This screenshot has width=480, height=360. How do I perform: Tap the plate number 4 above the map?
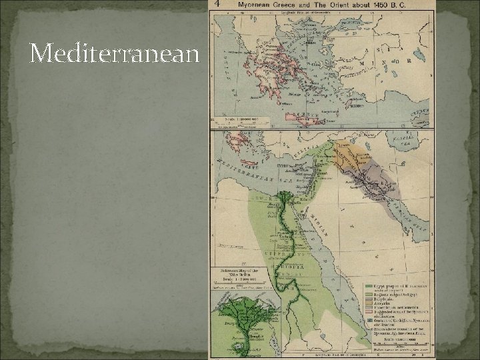(x=215, y=3)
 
